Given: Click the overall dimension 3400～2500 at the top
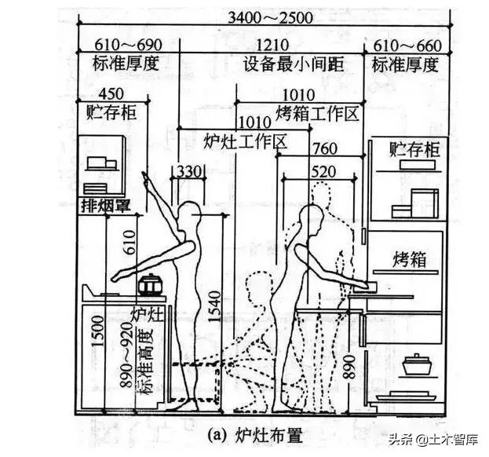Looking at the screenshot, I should click(261, 16).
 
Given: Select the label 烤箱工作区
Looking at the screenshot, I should click(317, 114).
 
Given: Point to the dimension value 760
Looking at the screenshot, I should click(325, 149).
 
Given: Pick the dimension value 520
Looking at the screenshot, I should click(326, 171).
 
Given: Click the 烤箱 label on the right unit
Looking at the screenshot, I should click(409, 259).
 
